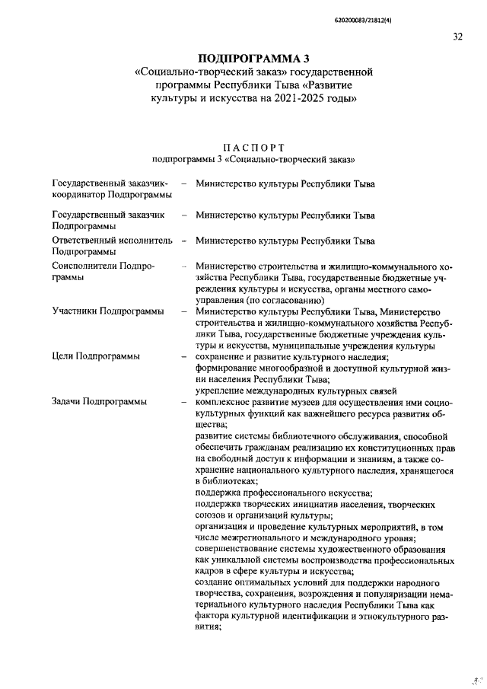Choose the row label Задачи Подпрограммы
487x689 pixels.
click(x=99, y=401)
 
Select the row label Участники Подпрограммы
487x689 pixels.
click(x=107, y=311)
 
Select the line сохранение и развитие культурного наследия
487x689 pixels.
click(x=291, y=356)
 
